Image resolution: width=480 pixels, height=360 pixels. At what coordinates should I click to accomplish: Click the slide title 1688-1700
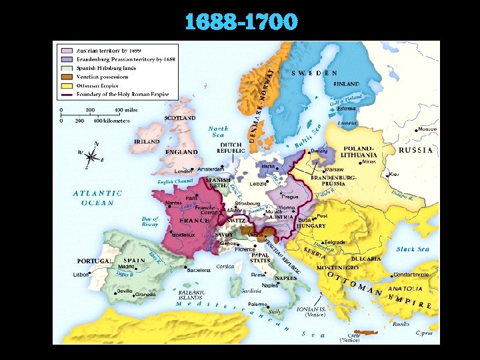tap(241, 22)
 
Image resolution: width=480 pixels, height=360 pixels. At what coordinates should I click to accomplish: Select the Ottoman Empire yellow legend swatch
tap(67, 85)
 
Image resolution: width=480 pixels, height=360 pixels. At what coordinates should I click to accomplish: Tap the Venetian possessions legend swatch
tap(67, 77)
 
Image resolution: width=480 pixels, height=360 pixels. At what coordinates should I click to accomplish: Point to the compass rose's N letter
tap(97, 144)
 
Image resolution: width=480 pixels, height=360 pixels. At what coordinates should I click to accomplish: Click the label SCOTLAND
tap(180, 118)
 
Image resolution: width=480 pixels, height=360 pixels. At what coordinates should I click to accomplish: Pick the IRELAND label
tap(147, 142)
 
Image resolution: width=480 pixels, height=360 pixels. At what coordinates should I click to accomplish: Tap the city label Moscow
tap(427, 129)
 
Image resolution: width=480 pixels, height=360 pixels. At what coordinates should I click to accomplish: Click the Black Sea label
tap(414, 249)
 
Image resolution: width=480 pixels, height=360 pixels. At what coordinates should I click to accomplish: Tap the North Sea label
tap(218, 132)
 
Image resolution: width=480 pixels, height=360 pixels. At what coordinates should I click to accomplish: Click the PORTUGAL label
tap(95, 261)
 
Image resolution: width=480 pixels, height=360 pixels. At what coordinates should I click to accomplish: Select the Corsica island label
tap(224, 266)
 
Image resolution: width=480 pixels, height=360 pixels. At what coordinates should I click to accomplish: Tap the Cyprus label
tap(423, 332)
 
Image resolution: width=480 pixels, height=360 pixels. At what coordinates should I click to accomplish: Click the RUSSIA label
tap(416, 150)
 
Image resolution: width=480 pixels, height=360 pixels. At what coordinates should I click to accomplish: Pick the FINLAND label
tap(346, 84)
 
